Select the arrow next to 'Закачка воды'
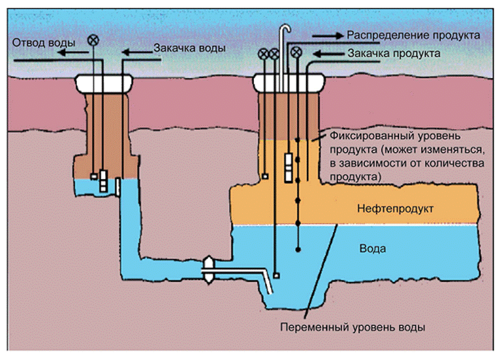click(138, 52)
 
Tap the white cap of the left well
click(105, 83)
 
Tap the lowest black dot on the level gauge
click(298, 249)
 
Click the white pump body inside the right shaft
click(288, 166)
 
